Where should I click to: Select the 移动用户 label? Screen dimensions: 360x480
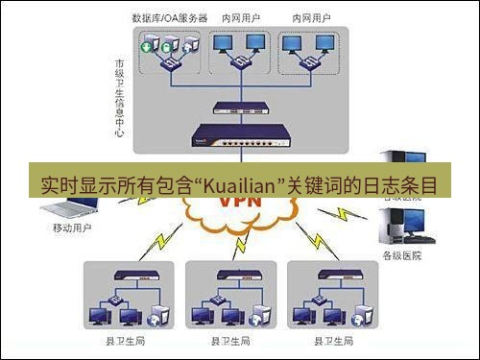72,229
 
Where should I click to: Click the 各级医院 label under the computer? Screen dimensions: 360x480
402,254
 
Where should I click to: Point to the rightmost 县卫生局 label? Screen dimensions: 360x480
338,341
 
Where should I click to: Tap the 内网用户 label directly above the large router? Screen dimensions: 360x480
238,18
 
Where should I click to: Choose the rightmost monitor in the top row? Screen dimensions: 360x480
325,41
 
